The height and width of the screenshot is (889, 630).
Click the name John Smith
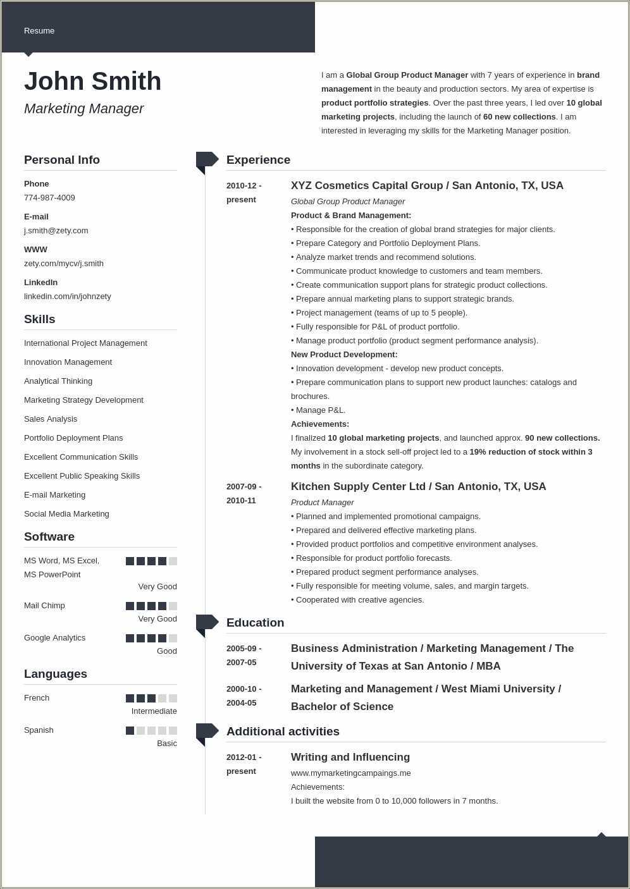pos(92,82)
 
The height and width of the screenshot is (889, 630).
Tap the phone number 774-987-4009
pos(49,198)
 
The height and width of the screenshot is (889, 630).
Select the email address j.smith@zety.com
pos(56,231)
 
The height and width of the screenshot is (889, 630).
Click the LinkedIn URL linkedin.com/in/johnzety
pos(67,297)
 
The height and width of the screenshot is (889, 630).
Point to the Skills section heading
pos(39,319)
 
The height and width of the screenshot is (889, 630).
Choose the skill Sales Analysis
pos(51,419)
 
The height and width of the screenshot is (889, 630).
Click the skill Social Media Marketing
pos(66,514)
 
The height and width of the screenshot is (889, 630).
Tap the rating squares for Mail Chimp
pos(151,606)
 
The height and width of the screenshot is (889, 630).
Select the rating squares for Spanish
pos(151,730)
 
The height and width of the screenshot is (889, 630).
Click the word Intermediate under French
pos(154,711)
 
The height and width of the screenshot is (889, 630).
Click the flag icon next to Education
pos(206,623)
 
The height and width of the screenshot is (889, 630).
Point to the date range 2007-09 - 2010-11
pos(244,494)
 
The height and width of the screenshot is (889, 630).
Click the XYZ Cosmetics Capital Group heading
pos(427,186)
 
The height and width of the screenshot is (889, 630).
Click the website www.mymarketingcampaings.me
pos(350,773)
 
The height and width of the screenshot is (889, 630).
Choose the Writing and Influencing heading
pos(350,757)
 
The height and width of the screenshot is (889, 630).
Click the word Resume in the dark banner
pos(39,31)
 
